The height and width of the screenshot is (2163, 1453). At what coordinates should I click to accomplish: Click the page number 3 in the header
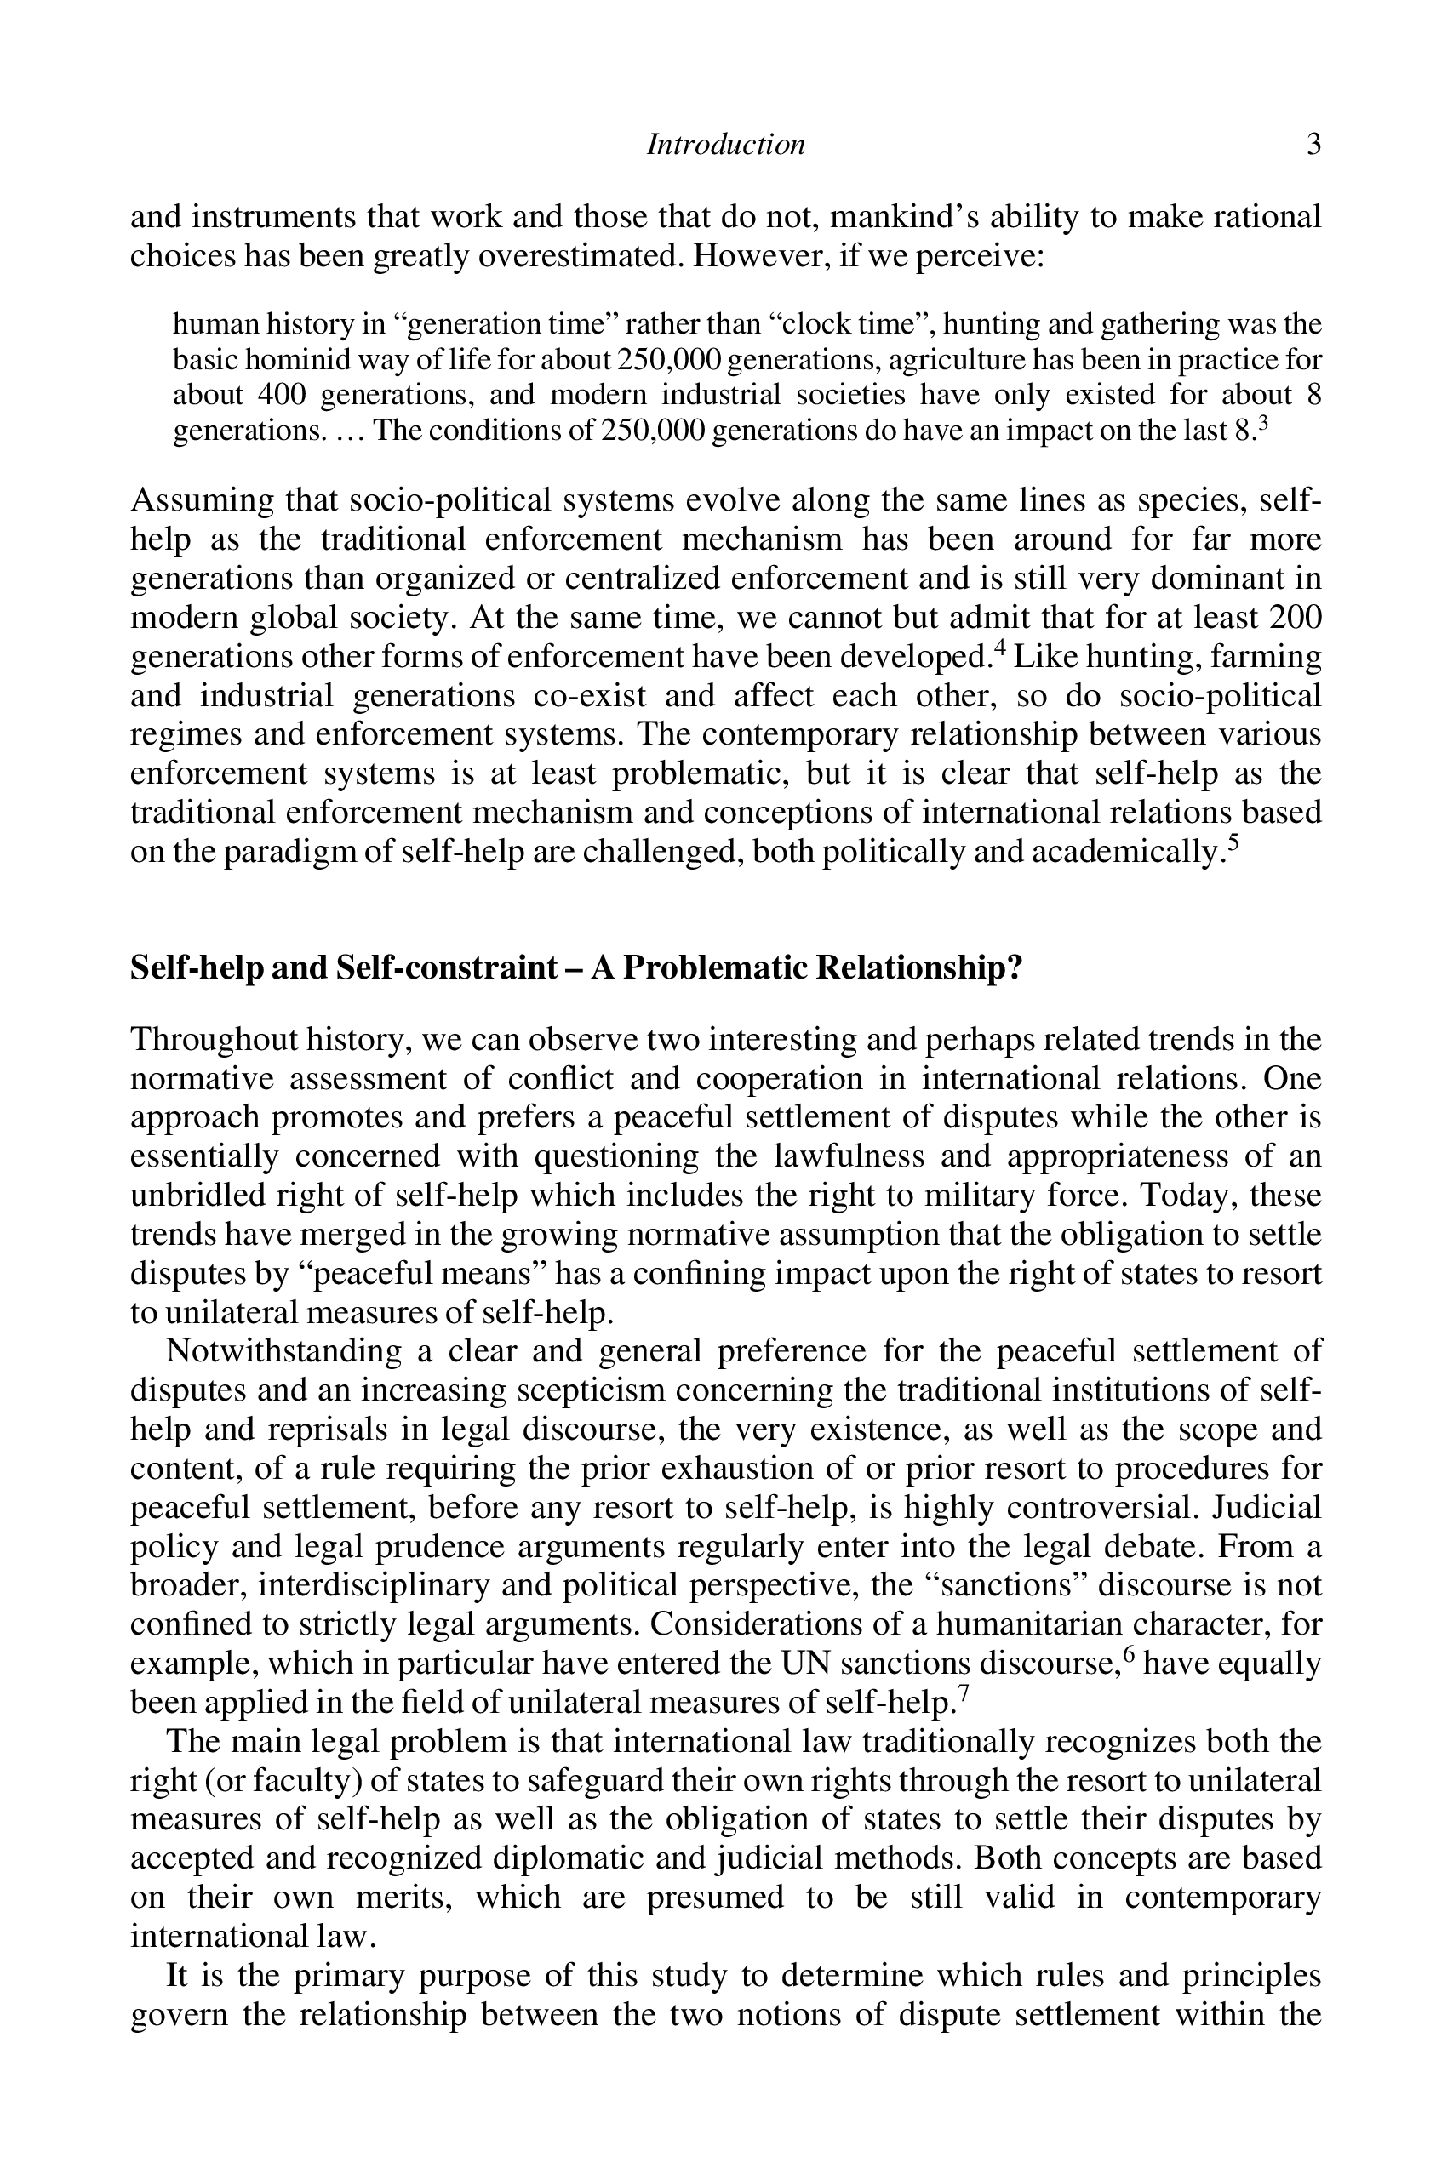tap(1313, 145)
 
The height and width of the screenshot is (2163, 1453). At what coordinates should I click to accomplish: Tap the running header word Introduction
tap(725, 145)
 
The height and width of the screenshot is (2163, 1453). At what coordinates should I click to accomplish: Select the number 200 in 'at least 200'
tap(1294, 617)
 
